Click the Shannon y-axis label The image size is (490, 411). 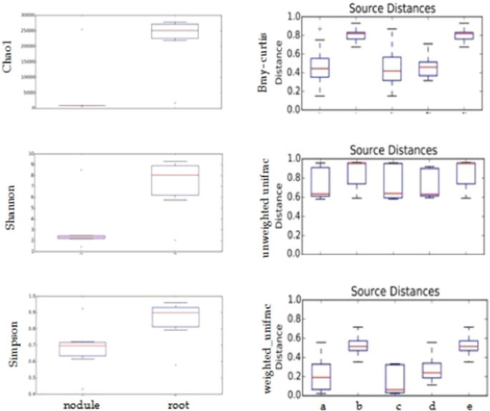coord(9,202)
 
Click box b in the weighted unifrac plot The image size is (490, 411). coord(357,346)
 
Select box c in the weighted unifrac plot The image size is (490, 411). coord(391,379)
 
